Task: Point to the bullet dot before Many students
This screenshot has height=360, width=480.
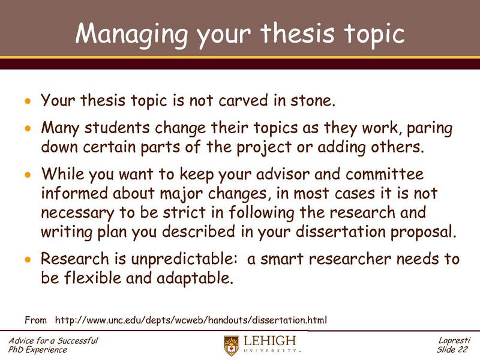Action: click(26, 130)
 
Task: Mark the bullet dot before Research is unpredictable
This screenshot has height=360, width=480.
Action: click(26, 260)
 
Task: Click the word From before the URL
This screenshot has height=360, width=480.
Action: click(35, 319)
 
